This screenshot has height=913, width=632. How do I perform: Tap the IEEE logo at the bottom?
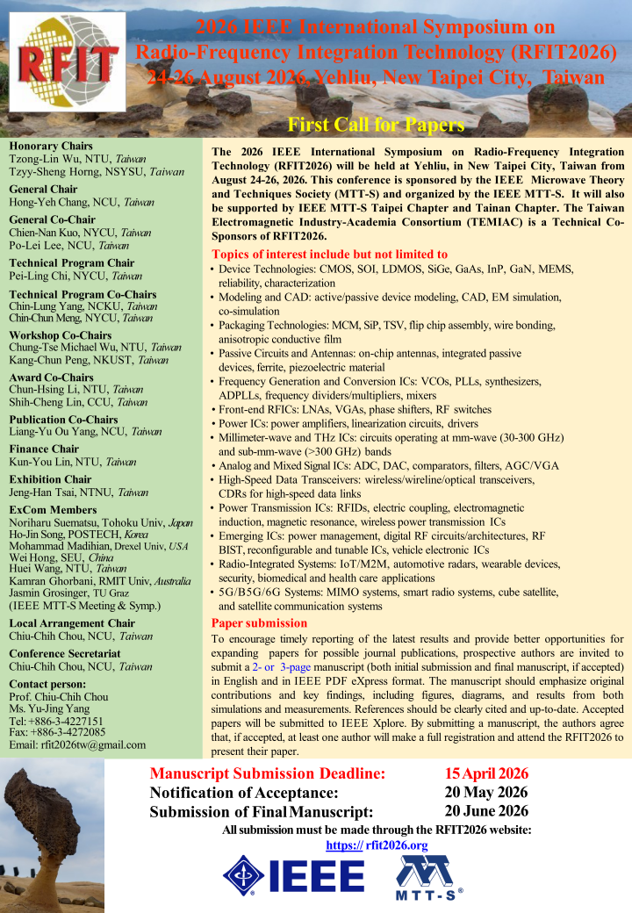tap(294, 875)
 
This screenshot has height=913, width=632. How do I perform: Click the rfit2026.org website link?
tap(377, 845)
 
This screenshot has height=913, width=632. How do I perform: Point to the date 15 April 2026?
tap(486, 773)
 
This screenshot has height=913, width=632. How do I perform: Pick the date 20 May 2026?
tap(486, 792)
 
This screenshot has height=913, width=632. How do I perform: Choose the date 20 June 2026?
tap(486, 810)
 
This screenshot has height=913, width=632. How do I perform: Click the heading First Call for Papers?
tap(376, 124)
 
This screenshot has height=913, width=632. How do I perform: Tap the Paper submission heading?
tap(260, 623)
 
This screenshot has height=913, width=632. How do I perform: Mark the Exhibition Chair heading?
tap(50, 479)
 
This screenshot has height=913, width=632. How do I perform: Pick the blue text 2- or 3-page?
tap(281, 666)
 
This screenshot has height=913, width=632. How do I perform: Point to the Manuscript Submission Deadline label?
tap(268, 773)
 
